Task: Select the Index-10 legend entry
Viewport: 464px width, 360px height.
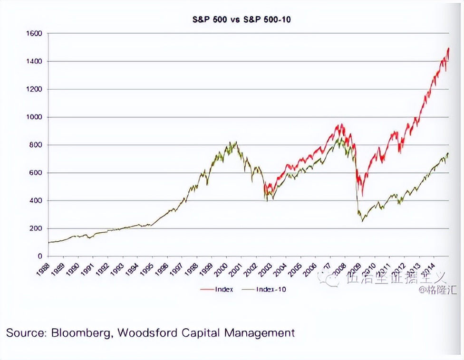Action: (271, 289)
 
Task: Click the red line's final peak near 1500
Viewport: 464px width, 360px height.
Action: (448, 48)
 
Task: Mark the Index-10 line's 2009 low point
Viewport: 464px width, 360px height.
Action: (363, 221)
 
